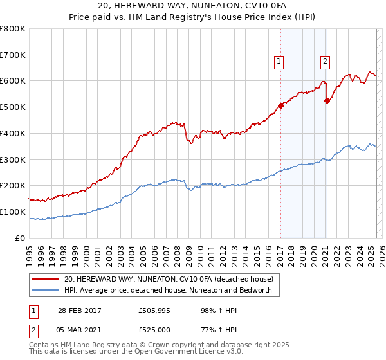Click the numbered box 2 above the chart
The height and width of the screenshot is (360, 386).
coord(326,62)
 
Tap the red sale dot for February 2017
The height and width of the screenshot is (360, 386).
coord(280,105)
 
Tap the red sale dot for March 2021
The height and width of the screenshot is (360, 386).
coord(327,100)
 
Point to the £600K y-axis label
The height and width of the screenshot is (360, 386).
coord(13,81)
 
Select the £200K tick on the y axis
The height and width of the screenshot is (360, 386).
coord(13,186)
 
